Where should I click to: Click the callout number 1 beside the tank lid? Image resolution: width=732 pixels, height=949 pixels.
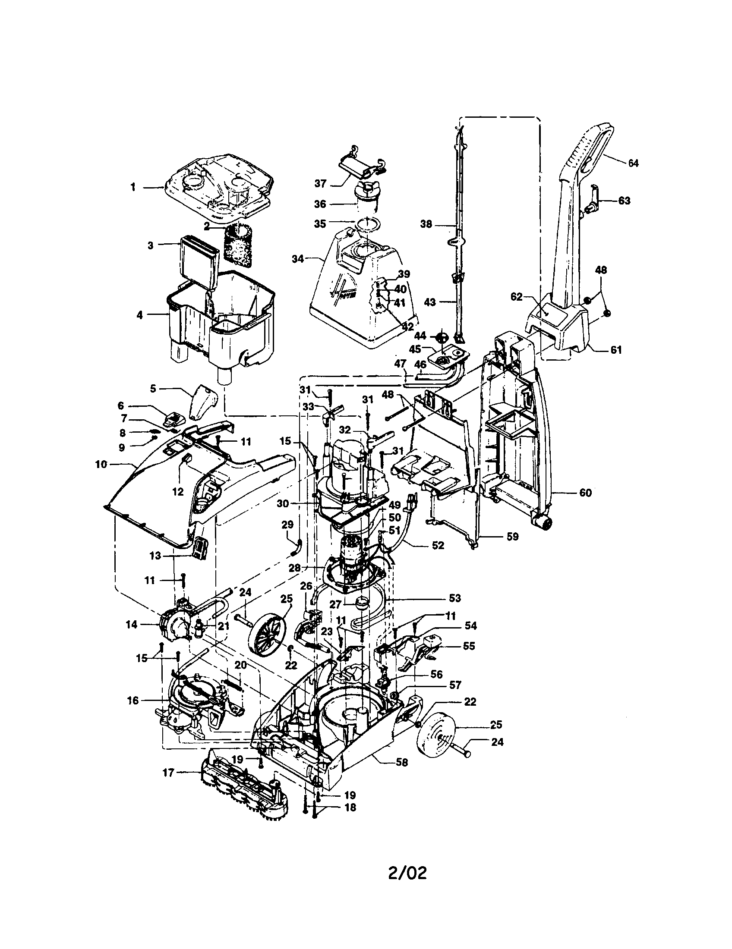pos(133,187)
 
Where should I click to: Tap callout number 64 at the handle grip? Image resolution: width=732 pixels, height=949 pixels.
pos(633,163)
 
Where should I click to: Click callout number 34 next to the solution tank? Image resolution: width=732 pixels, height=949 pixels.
pos(298,259)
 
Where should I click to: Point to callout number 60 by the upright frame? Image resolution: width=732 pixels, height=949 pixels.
pos(586,493)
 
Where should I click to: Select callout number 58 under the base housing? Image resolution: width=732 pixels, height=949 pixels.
pos(402,762)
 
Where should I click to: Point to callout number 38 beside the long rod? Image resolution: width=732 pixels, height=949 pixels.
pos(426,224)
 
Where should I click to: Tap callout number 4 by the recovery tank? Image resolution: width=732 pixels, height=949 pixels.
pos(139,315)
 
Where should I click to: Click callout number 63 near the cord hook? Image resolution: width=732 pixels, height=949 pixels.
pos(624,201)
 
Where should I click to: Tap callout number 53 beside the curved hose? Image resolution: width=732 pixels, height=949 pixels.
pos(454,598)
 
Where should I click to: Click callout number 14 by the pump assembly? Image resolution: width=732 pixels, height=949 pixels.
pos(131,625)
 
